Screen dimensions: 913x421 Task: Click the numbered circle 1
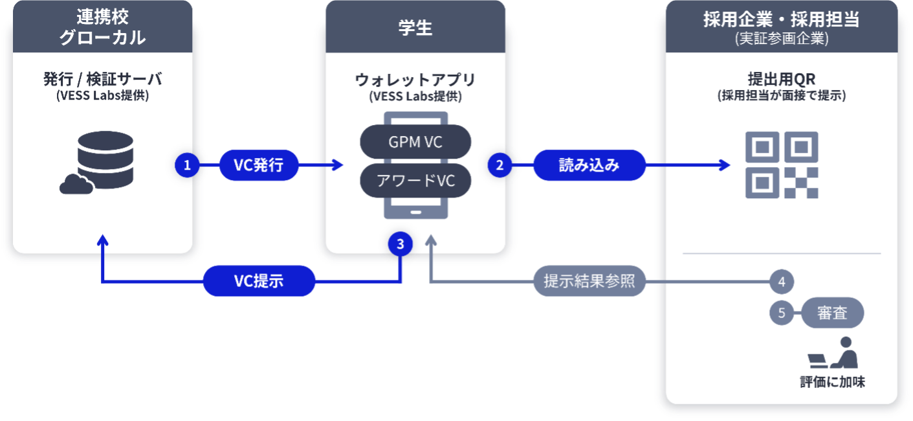click(x=187, y=165)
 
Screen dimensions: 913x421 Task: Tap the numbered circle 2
click(x=500, y=165)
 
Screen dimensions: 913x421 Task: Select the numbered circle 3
click(x=401, y=244)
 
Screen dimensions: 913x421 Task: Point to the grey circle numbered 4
click(x=782, y=282)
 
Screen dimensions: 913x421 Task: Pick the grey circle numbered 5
click(x=782, y=313)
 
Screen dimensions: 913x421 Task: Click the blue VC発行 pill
click(x=259, y=165)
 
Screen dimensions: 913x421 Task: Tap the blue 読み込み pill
click(x=589, y=165)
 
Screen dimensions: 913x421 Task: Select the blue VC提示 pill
click(x=259, y=281)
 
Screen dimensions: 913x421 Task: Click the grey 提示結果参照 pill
click(x=589, y=281)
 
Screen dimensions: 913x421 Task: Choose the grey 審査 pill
click(x=832, y=313)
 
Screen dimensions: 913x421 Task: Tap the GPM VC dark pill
click(x=415, y=142)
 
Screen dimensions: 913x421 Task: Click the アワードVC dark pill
click(x=415, y=181)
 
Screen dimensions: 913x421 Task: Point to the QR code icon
click(x=782, y=165)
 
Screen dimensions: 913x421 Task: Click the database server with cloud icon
click(x=96, y=163)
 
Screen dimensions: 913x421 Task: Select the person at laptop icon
click(x=833, y=352)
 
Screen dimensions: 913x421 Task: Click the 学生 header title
click(x=415, y=28)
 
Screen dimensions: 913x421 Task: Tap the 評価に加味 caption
click(x=832, y=382)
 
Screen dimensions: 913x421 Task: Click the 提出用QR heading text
click(x=782, y=79)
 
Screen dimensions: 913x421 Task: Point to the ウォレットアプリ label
click(x=415, y=80)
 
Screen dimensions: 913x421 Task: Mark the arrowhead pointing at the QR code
click(x=725, y=165)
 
